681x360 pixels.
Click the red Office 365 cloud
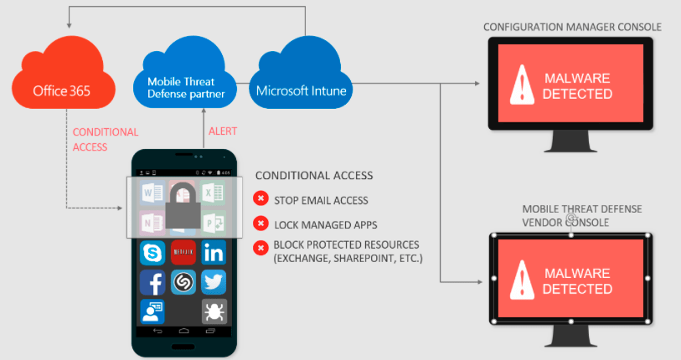click(x=61, y=88)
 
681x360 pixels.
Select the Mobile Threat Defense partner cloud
click(x=186, y=85)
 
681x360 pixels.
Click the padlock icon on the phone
click(x=183, y=205)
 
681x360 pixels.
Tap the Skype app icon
click(x=152, y=252)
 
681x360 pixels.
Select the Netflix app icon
click(x=183, y=252)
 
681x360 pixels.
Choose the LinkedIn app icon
click(x=214, y=252)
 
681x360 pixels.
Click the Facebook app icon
click(x=152, y=282)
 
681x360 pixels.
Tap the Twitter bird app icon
click(x=214, y=282)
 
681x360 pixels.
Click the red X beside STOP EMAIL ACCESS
click(x=261, y=199)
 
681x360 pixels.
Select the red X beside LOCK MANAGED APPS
click(x=261, y=224)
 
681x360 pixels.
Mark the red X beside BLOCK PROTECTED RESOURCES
click(x=261, y=246)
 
